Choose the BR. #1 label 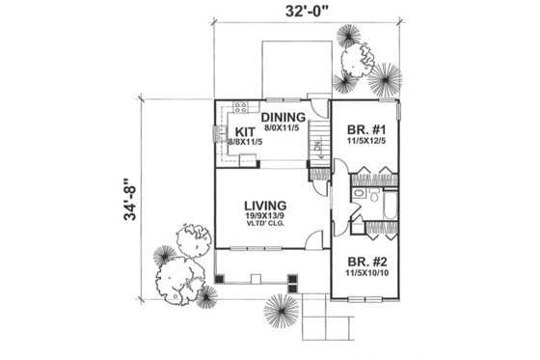pyautogui.click(x=362, y=127)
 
